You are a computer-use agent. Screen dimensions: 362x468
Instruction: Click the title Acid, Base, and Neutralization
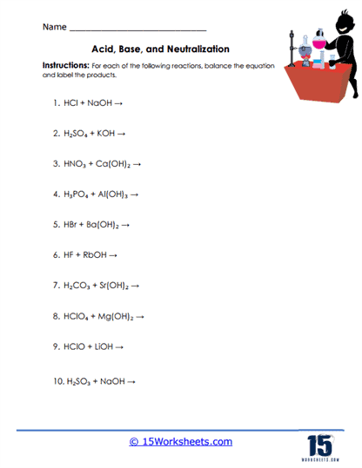tap(160, 50)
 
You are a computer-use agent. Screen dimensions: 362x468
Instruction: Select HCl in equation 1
tap(71, 102)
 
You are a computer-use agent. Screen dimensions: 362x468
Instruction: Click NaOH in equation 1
tap(100, 102)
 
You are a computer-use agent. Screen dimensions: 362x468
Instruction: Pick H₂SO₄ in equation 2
tap(77, 134)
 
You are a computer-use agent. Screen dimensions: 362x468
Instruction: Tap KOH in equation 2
tap(112, 134)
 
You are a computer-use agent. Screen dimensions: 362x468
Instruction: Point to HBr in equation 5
tap(71, 224)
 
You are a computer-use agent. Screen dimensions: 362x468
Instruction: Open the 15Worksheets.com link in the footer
tap(181, 442)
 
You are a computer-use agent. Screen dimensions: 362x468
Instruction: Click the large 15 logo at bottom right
tap(319, 439)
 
